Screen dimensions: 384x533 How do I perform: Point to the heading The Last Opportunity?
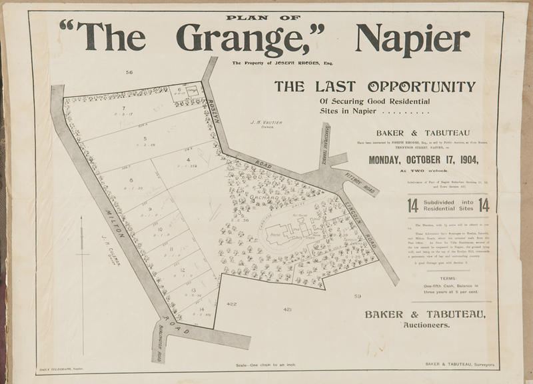[375, 87]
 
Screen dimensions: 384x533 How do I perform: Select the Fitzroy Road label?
[360, 182]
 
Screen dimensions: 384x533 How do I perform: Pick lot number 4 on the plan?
[188, 160]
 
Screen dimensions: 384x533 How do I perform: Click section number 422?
[231, 303]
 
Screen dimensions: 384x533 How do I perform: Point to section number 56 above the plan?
[129, 72]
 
